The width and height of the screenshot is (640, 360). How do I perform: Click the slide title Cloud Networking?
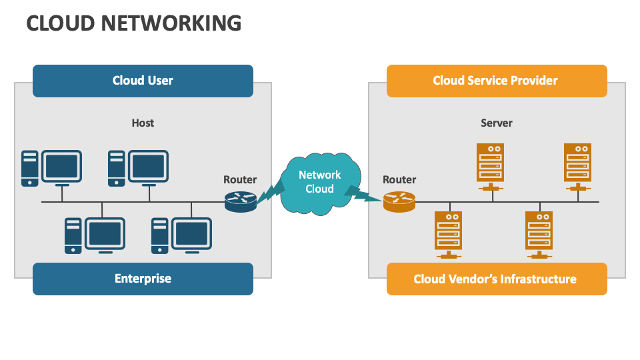coord(133,23)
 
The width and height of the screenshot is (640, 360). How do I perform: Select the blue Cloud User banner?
coord(143,81)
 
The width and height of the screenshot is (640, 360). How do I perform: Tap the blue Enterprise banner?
coord(143,279)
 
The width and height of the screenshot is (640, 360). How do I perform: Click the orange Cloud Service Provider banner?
coord(496,81)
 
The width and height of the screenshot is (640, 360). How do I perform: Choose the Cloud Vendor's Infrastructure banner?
coord(496,279)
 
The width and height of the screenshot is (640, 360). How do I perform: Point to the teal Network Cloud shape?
coord(320,182)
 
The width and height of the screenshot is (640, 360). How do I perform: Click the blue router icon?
coord(240,201)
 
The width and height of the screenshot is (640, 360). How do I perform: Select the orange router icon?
coord(399,201)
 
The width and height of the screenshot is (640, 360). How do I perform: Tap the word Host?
coord(143,123)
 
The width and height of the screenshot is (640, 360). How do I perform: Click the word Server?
coord(497,123)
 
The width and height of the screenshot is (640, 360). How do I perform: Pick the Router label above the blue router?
coord(240,179)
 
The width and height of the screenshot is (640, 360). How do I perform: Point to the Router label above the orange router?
coord(399,179)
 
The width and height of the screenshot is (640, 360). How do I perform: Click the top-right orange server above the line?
coord(577,163)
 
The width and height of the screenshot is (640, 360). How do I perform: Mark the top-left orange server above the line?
coord(490,163)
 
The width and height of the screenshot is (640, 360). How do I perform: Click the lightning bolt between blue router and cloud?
coord(269,193)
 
